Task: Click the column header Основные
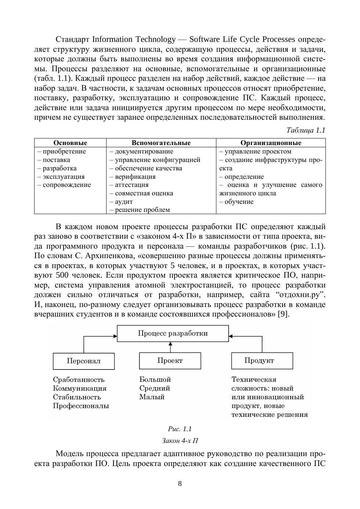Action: click(70, 143)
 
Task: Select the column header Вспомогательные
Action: click(161, 143)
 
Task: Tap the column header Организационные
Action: click(271, 143)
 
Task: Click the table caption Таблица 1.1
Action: click(306, 130)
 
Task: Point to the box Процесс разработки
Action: click(173, 333)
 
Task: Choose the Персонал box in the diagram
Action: click(84, 361)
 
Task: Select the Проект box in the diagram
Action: click(170, 361)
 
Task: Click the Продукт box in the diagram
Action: click(262, 361)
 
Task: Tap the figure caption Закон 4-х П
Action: click(180, 441)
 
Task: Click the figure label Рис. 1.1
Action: click(180, 429)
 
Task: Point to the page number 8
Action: click(180, 484)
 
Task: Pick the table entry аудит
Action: click(123, 202)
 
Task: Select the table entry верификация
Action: click(135, 177)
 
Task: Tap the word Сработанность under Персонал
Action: click(79, 380)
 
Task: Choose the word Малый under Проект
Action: click(152, 397)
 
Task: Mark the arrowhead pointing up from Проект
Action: click(170, 344)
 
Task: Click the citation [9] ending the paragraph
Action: click(284, 314)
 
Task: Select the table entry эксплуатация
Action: click(63, 177)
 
